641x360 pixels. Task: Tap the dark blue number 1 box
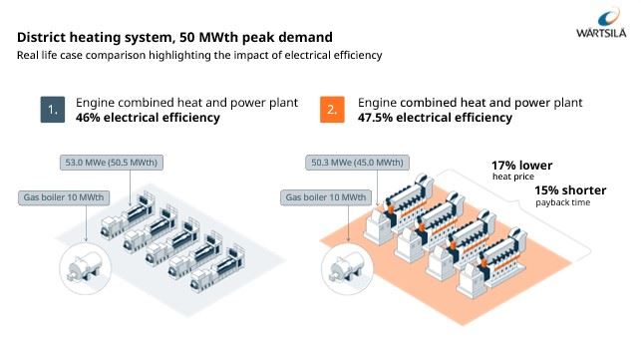(x=53, y=109)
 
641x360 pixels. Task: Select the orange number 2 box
(x=333, y=109)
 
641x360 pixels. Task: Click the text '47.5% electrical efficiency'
(x=435, y=118)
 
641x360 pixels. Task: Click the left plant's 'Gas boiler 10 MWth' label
(x=65, y=196)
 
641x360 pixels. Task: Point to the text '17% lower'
(x=521, y=165)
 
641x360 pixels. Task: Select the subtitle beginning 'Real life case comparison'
(x=199, y=55)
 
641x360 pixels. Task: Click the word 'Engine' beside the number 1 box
(x=97, y=103)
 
